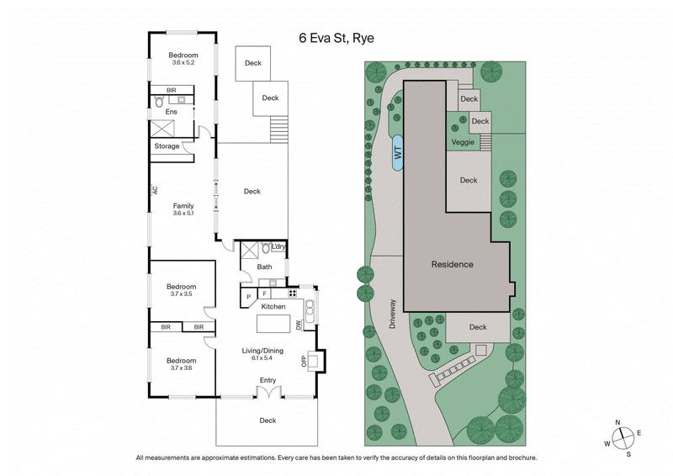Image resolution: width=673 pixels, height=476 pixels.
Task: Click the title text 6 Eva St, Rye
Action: click(337, 38)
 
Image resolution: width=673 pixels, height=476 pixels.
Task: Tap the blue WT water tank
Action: click(397, 153)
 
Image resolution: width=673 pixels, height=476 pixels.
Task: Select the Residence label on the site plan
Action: click(452, 264)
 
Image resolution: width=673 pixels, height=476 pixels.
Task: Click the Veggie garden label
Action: click(463, 142)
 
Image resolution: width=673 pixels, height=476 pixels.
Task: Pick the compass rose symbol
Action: click(622, 437)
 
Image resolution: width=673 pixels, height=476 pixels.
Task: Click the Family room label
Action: click(183, 206)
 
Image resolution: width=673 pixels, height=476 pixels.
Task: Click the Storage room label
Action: click(167, 146)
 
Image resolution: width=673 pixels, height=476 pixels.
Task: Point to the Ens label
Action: click(172, 111)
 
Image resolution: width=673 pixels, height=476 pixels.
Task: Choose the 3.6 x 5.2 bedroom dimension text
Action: click(183, 63)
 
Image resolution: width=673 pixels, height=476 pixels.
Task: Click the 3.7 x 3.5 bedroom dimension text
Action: click(182, 294)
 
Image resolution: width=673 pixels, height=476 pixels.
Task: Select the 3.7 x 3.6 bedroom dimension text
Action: click(182, 367)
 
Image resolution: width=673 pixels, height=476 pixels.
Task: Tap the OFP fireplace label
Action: click(305, 362)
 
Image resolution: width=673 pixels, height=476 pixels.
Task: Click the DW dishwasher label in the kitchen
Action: click(299, 324)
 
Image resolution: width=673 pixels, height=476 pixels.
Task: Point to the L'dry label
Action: click(279, 246)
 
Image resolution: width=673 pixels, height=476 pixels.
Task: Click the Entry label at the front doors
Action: click(268, 380)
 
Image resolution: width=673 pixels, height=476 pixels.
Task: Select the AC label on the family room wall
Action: click(156, 190)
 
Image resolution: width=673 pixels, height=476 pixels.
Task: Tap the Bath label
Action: click(265, 267)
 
